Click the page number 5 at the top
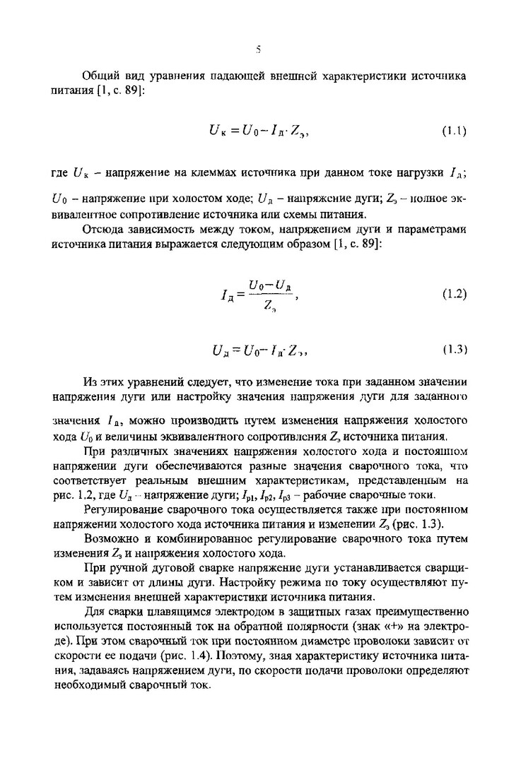tap(259, 49)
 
